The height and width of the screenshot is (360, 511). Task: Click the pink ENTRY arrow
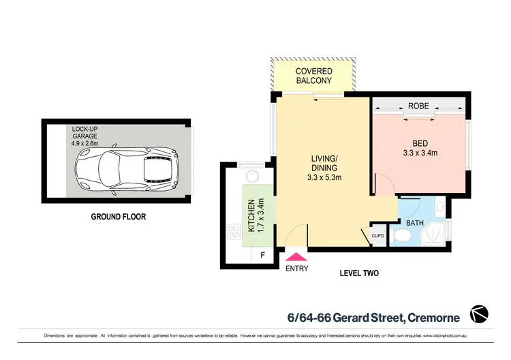point(297,257)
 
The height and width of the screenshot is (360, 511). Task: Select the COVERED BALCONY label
point(313,76)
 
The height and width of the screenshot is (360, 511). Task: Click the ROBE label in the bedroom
point(418,106)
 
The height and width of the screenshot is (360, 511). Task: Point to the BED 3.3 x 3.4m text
point(420,149)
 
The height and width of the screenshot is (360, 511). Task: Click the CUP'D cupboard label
point(377,237)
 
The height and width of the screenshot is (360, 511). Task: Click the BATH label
point(415,222)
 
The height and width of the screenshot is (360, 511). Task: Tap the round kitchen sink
point(252,176)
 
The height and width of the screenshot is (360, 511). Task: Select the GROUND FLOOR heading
point(119,217)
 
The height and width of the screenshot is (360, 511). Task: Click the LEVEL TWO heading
point(359,273)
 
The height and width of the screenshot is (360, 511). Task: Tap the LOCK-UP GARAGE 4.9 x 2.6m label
point(86,136)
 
